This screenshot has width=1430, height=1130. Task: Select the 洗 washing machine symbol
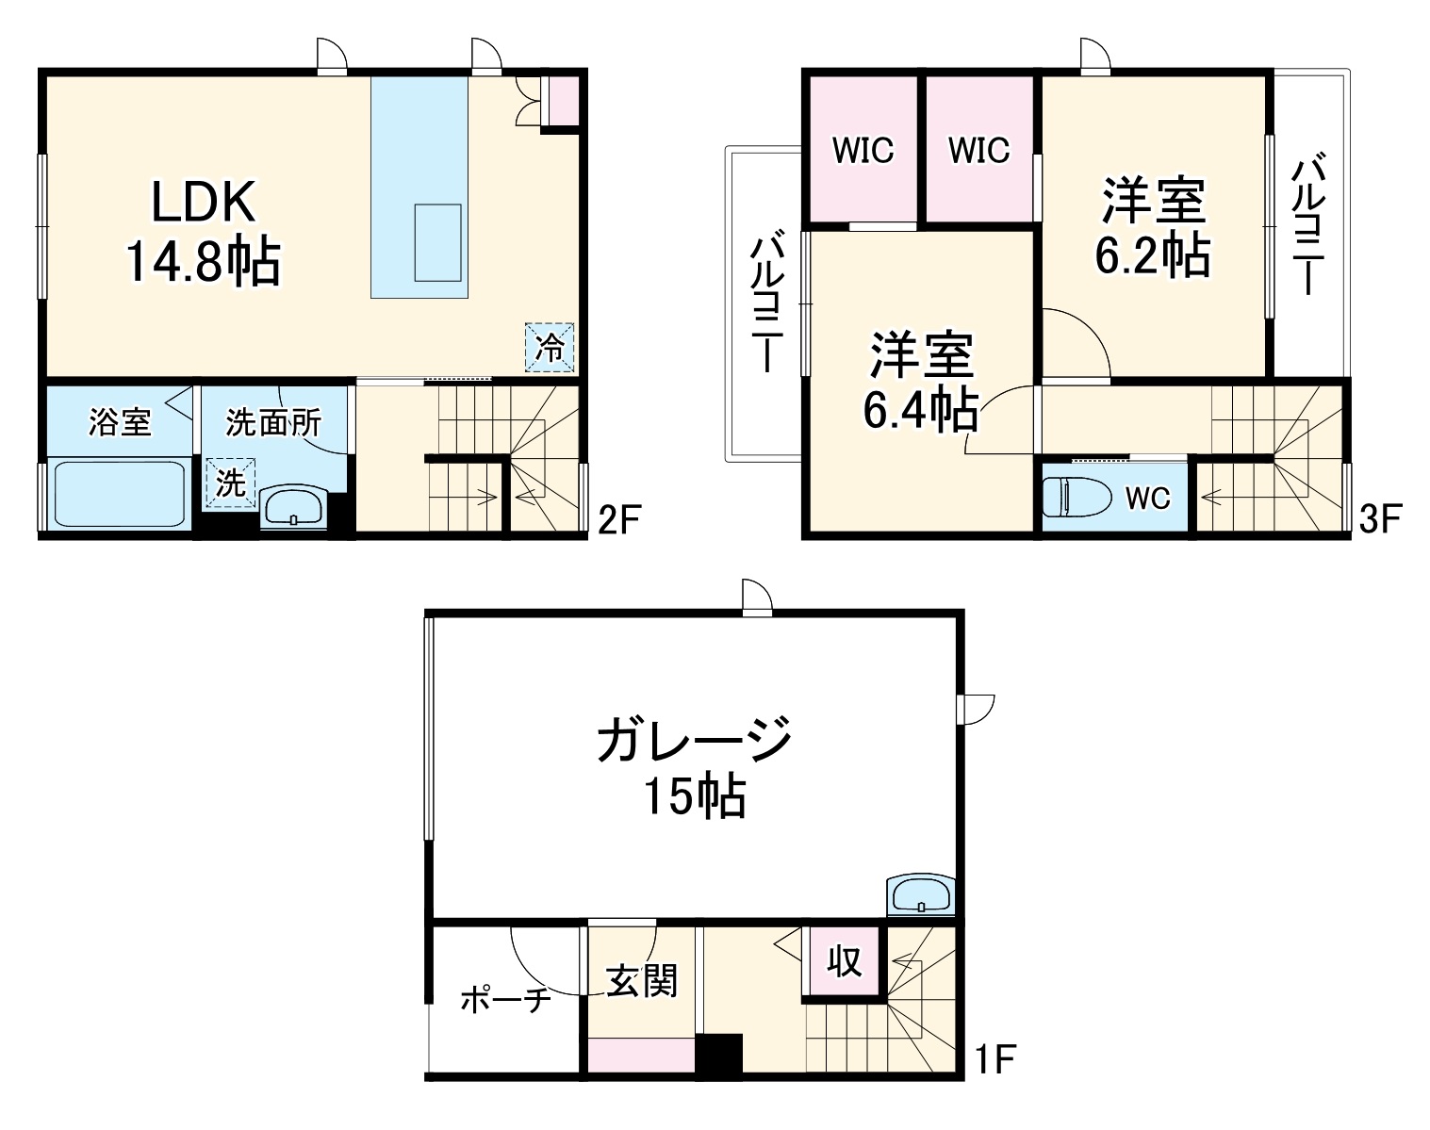point(231,483)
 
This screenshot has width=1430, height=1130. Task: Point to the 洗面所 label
point(272,423)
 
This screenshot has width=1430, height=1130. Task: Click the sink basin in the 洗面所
point(294,509)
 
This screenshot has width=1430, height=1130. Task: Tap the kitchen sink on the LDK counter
point(438,242)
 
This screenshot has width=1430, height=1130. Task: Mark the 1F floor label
point(994,1062)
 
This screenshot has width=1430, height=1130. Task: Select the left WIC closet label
point(863,150)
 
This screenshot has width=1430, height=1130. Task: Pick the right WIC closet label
point(978,150)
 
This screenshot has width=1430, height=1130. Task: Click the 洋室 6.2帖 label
point(1153,228)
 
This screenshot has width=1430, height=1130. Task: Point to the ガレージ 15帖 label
point(694,765)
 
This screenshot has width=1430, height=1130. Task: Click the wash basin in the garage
point(920,896)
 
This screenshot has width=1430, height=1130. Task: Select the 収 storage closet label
point(845,961)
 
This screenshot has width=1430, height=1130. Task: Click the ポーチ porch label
point(505,999)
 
